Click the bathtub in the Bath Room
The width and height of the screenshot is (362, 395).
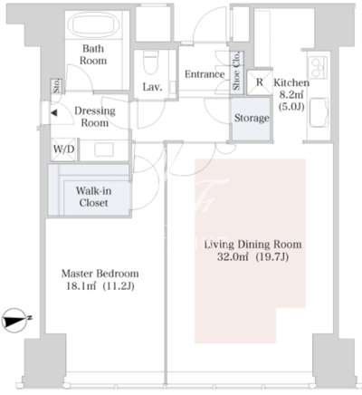(93, 24)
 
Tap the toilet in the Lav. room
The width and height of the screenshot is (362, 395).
(151, 62)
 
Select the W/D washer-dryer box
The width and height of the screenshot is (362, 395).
(63, 149)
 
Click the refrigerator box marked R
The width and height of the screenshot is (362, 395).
(260, 82)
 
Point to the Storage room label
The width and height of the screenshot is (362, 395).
(252, 118)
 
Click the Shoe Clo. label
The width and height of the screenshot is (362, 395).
(237, 72)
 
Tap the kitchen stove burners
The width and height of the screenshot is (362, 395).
(318, 67)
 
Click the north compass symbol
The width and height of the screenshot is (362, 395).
(15, 321)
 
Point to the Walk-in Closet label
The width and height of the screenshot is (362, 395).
(93, 197)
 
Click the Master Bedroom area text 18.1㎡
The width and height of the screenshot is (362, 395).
(81, 286)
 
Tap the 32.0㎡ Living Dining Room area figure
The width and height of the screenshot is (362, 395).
(233, 257)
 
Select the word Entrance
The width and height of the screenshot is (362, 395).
(205, 74)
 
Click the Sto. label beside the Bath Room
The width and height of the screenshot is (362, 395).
(56, 86)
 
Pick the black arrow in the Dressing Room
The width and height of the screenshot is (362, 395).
(53, 113)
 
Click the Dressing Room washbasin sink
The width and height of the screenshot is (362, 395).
(104, 149)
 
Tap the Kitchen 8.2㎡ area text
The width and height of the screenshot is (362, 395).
(291, 95)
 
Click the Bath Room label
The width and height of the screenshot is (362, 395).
(93, 54)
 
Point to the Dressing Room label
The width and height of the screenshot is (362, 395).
(95, 117)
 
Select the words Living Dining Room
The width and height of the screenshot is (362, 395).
(252, 245)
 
